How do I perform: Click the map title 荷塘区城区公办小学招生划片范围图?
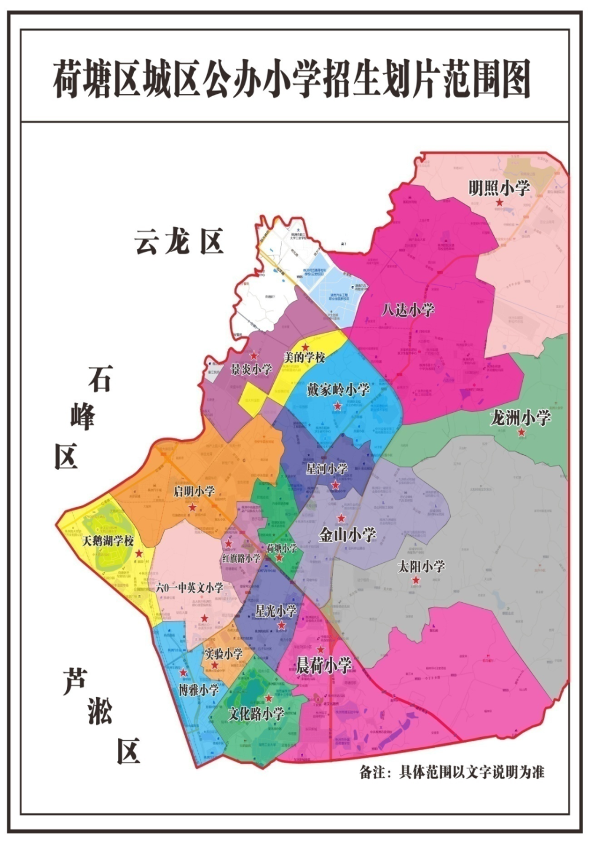292,79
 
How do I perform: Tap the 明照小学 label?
499,188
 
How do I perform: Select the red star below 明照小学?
500,203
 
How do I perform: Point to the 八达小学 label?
408,310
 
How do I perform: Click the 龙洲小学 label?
520,418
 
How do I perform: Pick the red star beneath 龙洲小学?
522,433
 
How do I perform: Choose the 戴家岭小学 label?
338,390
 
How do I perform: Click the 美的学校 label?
304,357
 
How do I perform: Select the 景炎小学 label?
251,370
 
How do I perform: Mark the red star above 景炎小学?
254,356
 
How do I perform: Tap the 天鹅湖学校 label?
108,541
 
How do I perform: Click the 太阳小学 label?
421,566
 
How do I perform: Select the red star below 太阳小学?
416,581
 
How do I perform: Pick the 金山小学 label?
347,535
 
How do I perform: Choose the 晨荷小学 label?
323,666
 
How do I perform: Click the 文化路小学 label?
256,714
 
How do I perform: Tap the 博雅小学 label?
199,689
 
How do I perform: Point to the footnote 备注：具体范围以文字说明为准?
451,772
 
